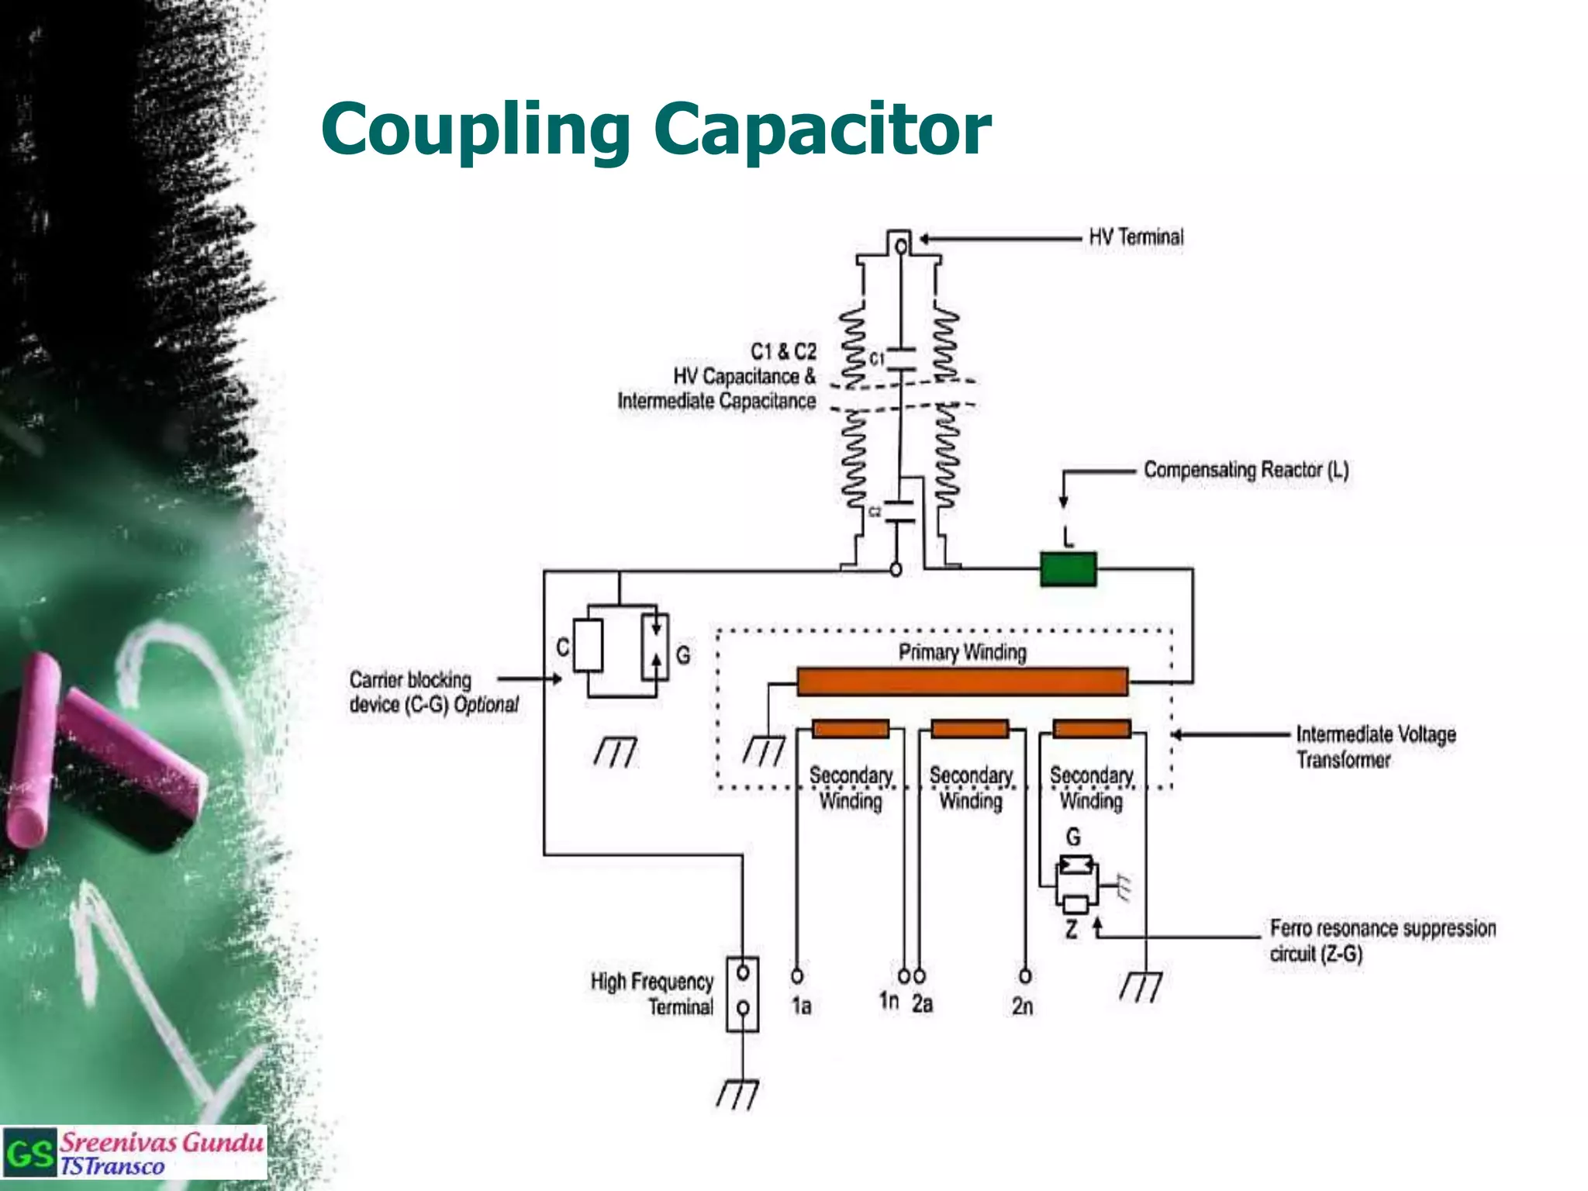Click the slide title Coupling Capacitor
click(656, 129)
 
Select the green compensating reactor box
click(1068, 568)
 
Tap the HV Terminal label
click(1136, 237)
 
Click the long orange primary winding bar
click(962, 682)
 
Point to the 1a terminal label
click(801, 1006)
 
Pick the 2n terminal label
click(1022, 1006)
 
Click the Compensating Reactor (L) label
click(1246, 470)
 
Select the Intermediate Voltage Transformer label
click(1376, 747)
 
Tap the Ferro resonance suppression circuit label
click(1382, 941)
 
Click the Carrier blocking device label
click(433, 692)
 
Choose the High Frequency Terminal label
click(652, 994)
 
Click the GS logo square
click(29, 1154)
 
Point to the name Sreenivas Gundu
click(162, 1142)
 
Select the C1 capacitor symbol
click(901, 360)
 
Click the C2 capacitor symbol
click(900, 512)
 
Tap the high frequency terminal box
click(742, 994)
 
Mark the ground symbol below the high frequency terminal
click(737, 1094)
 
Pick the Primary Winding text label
click(962, 653)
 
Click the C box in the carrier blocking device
click(589, 645)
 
